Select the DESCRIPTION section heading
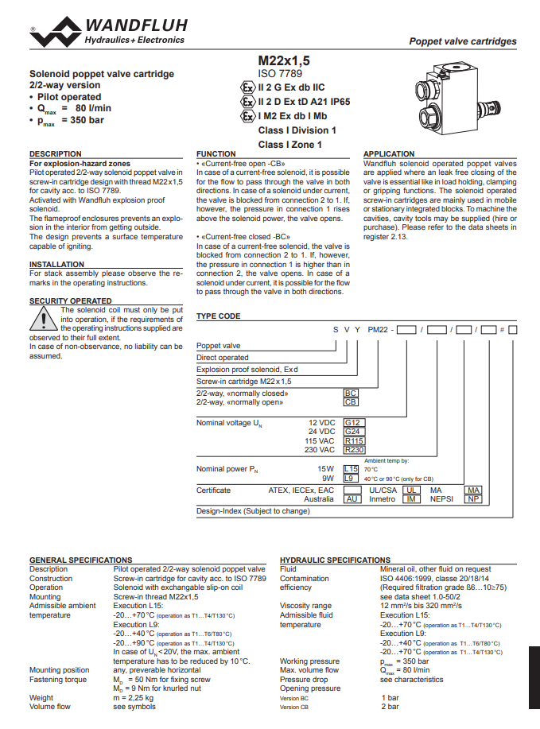click(56, 153)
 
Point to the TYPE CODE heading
click(218, 316)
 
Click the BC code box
click(351, 394)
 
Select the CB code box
click(351, 402)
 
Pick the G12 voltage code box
click(353, 423)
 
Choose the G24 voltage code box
click(353, 432)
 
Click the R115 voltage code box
click(354, 440)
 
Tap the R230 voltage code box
click(354, 449)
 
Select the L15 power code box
click(352, 469)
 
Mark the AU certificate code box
click(352, 499)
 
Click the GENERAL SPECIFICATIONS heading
click(81, 560)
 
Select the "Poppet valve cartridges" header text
click(462, 41)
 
